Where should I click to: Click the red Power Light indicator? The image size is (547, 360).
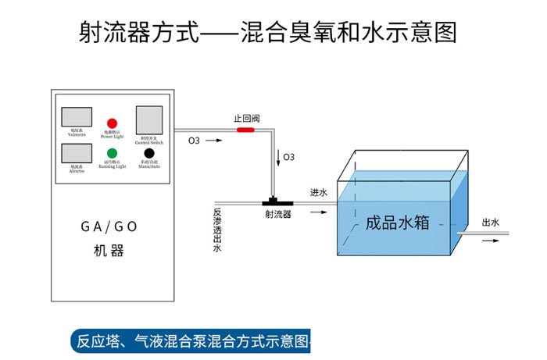click(112, 123)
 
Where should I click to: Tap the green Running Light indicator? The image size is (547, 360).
click(112, 153)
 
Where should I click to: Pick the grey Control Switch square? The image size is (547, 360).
click(148, 119)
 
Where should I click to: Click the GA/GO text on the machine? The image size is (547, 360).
click(109, 227)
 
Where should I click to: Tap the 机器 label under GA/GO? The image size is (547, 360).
click(109, 251)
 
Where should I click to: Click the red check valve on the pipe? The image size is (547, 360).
click(246, 130)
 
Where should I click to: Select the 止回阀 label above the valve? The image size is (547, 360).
click(246, 119)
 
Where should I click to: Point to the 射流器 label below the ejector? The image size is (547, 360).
click(277, 215)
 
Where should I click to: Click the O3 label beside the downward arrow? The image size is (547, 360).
click(289, 157)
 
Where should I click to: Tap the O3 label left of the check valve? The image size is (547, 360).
click(194, 141)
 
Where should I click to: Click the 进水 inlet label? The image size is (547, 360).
click(319, 192)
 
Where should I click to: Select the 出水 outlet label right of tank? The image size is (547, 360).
click(491, 223)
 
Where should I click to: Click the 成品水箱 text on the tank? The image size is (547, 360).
click(398, 223)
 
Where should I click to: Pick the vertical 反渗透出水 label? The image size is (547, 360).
click(217, 230)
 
